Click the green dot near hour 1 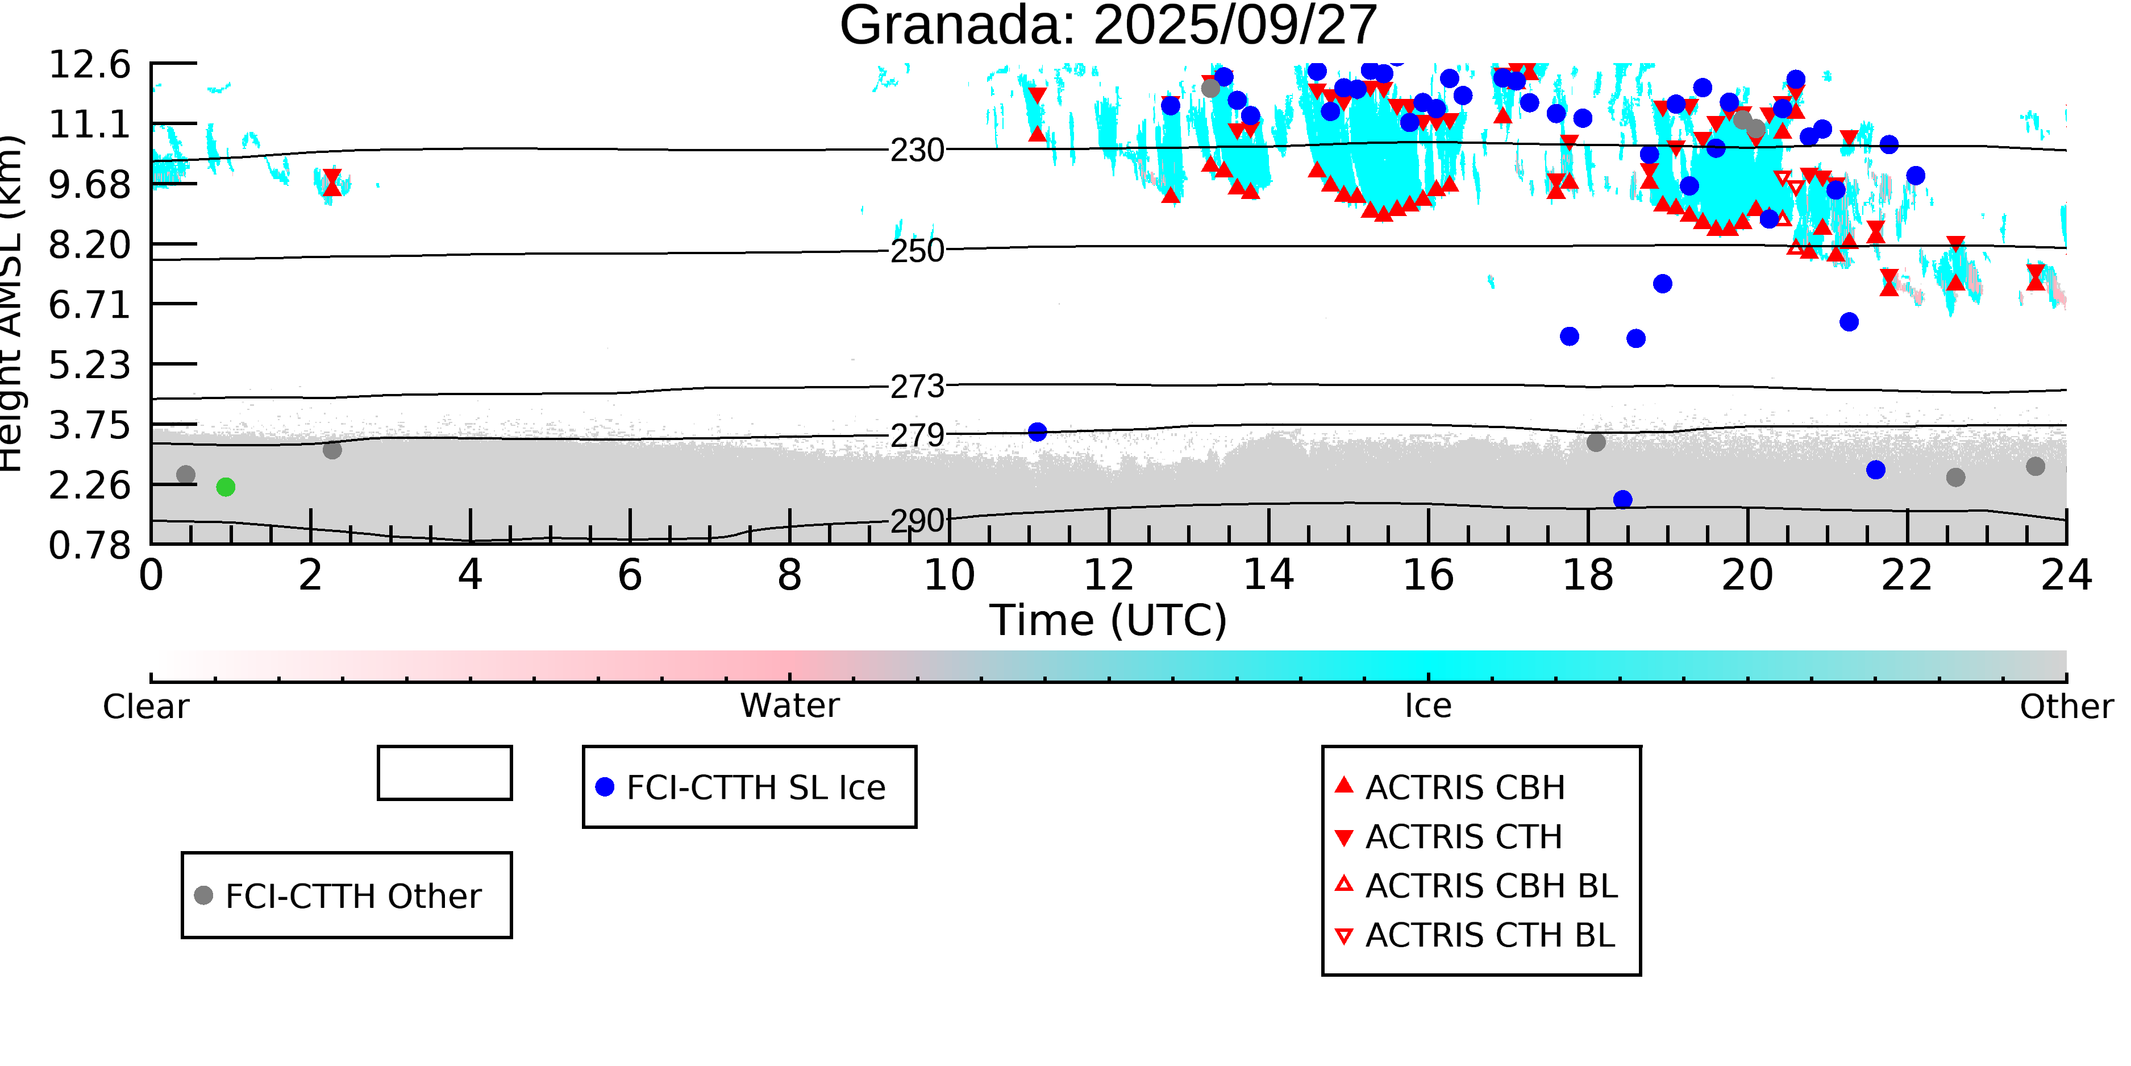(226, 487)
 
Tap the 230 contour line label (917, 151)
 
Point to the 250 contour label (917, 250)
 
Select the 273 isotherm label (917, 387)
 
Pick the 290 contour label (917, 521)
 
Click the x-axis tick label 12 (1109, 575)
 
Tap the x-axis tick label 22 (1907, 575)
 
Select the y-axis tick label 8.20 (89, 245)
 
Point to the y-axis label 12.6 (89, 65)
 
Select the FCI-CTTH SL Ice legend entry (748, 787)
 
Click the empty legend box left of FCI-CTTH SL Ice (444, 773)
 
